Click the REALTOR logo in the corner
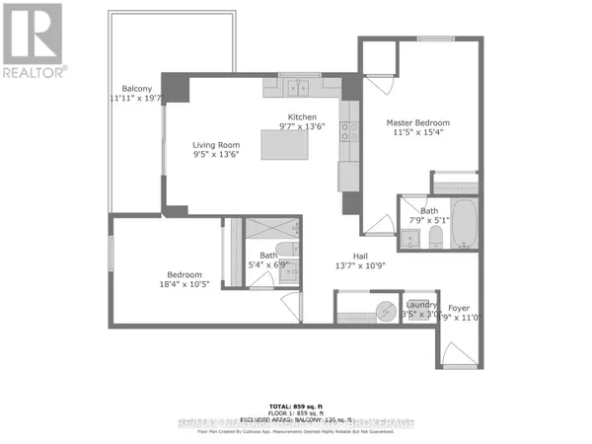(33, 39)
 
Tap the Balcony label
(129, 87)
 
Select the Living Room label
(215, 145)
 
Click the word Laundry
(421, 305)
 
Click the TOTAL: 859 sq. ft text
(296, 406)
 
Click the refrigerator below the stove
(349, 175)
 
